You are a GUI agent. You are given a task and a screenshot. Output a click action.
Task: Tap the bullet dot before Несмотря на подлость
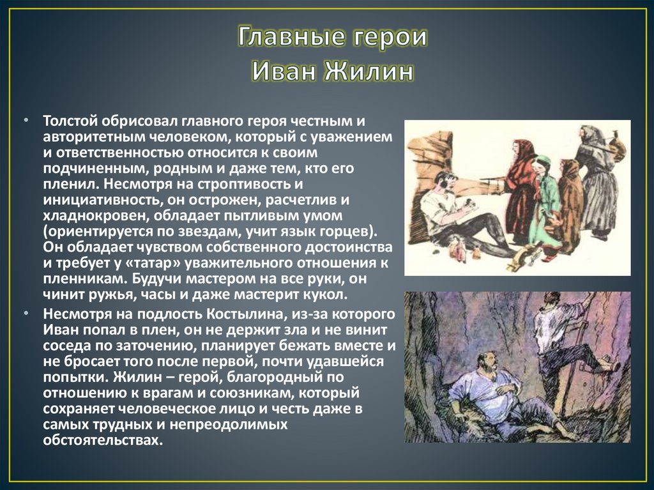pos(26,316)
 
